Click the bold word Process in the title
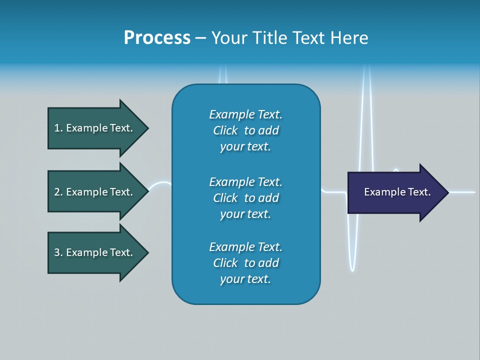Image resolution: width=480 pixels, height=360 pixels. [157, 38]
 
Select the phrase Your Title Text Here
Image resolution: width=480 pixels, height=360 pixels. [289, 38]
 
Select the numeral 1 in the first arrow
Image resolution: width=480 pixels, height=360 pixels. [57, 128]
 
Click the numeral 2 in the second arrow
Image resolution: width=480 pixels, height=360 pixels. [57, 192]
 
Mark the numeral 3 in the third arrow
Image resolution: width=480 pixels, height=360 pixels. [57, 252]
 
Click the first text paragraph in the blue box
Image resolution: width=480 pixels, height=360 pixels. [245, 130]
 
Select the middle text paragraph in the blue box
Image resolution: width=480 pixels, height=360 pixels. [245, 197]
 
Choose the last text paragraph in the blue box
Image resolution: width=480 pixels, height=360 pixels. [245, 263]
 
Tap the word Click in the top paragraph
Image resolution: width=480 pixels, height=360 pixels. [225, 130]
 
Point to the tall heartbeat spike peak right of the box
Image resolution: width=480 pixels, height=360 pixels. [367, 67]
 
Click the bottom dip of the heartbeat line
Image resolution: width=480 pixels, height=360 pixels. [352, 270]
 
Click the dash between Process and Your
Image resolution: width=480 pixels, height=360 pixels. [200, 38]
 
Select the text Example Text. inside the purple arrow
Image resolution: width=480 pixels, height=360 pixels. [397, 192]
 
